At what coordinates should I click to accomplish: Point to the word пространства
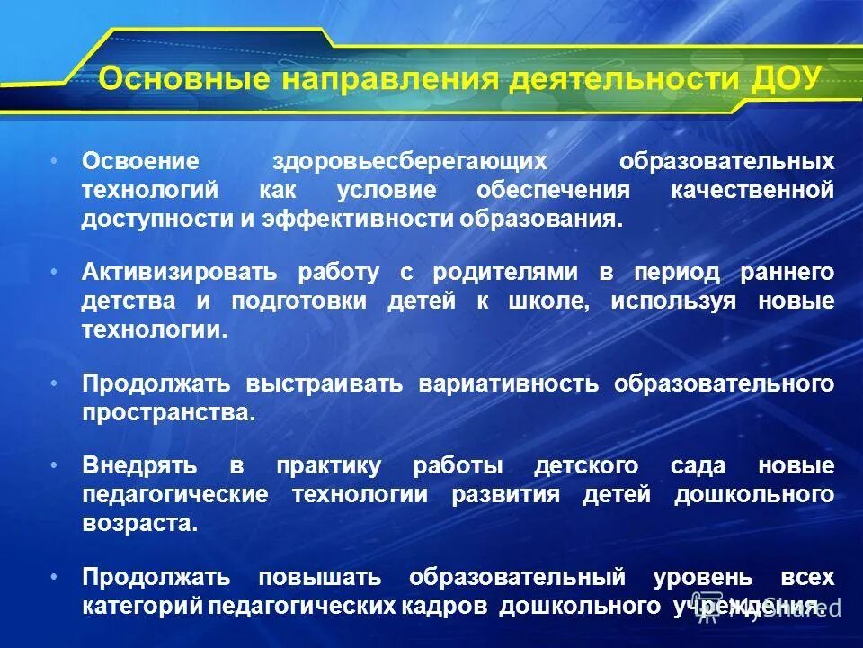tap(168, 413)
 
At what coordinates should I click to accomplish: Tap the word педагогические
tap(174, 495)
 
